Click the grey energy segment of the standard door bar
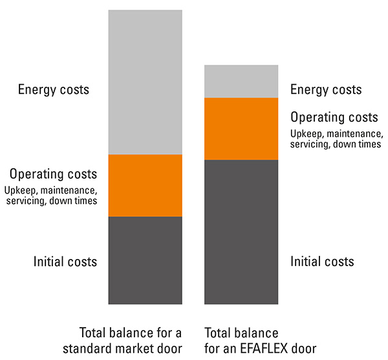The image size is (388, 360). [x=145, y=82]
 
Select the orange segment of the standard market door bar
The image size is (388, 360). [x=145, y=185]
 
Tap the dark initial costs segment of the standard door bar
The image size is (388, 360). [x=145, y=260]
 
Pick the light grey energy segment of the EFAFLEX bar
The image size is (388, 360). [x=241, y=81]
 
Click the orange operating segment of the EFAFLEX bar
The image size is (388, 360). [x=241, y=128]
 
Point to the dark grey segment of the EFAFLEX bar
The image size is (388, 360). [x=241, y=232]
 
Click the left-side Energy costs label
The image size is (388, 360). [x=54, y=89]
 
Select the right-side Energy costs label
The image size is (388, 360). [x=326, y=89]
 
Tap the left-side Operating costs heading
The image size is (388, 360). [x=53, y=174]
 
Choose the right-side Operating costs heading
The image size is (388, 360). [x=334, y=118]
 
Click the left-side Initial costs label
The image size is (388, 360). [x=65, y=262]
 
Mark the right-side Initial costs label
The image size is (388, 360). [x=322, y=262]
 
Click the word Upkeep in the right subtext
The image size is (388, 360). [x=305, y=134]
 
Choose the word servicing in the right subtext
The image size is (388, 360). [x=311, y=144]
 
